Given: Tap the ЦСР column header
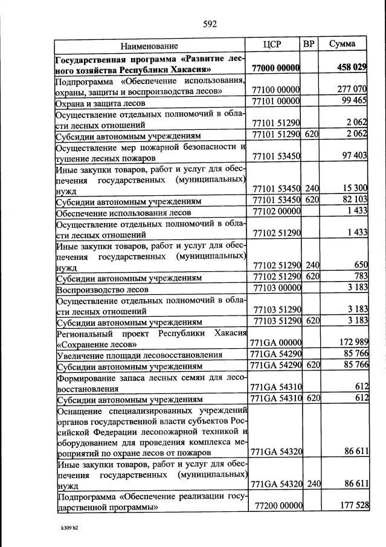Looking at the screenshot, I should coord(274,45).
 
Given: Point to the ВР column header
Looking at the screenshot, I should coord(309,44).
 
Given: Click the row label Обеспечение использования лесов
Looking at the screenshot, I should coord(123,212).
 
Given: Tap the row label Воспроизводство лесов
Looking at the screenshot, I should coord(98,288).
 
